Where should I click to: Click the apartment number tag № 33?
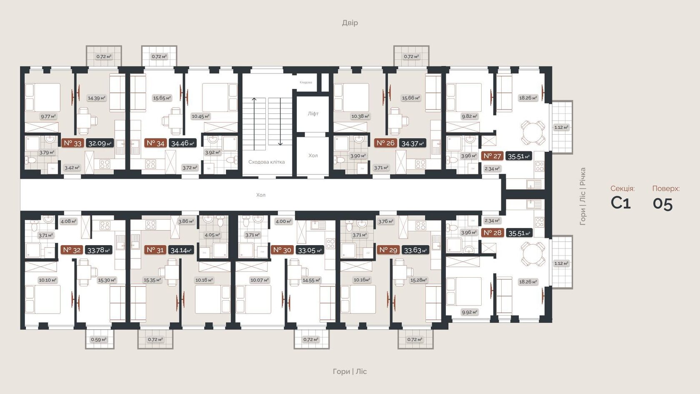pyautogui.click(x=72, y=143)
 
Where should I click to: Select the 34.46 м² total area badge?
pyautogui.click(x=182, y=143)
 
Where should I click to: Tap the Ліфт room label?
pyautogui.click(x=313, y=113)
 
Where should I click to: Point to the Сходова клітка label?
pyautogui.click(x=266, y=162)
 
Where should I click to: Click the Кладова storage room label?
pyautogui.click(x=306, y=83)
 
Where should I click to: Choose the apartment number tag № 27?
pyautogui.click(x=492, y=156)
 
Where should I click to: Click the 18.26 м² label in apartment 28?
pyautogui.click(x=528, y=282)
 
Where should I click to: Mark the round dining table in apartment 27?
pyautogui.click(x=533, y=133)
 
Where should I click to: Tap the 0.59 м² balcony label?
pyautogui.click(x=98, y=339)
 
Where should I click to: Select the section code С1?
pyautogui.click(x=620, y=203)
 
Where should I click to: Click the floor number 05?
pyautogui.click(x=662, y=203)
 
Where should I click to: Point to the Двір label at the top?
pyautogui.click(x=350, y=23)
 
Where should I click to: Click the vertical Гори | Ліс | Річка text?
pyautogui.click(x=582, y=196)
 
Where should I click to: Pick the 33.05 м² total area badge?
pyautogui.click(x=310, y=250)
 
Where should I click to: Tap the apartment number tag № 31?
pyautogui.click(x=155, y=250)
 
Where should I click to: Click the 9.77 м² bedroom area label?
pyautogui.click(x=48, y=116)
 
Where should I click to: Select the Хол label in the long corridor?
pyautogui.click(x=260, y=195)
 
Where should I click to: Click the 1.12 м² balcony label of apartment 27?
pyautogui.click(x=561, y=128)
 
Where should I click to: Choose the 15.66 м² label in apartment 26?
pyautogui.click(x=411, y=98)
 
